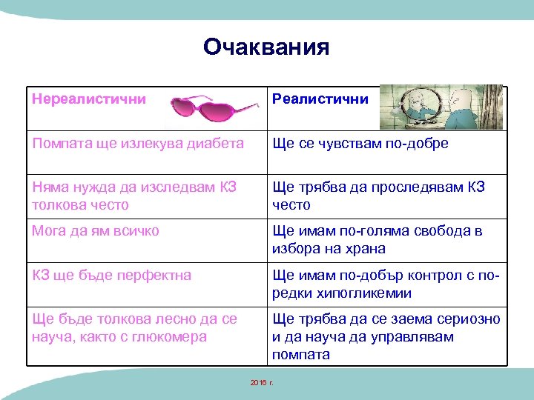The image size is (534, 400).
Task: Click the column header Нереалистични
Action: coord(88,99)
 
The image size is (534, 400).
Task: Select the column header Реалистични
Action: coord(320,99)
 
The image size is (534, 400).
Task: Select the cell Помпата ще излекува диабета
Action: coord(137,144)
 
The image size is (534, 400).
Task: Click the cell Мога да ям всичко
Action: coord(95,231)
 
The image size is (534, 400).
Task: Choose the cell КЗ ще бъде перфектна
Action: coord(111,276)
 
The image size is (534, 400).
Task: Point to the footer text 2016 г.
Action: coord(262,382)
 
